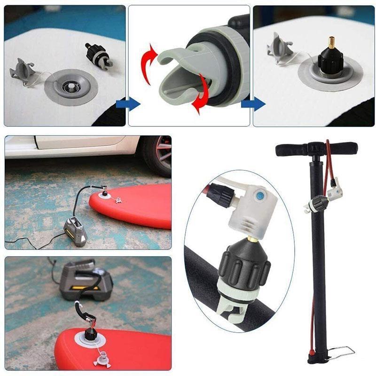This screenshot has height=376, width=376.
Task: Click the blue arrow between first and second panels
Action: click(x=131, y=104)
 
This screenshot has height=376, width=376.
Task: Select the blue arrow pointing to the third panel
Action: click(x=253, y=104)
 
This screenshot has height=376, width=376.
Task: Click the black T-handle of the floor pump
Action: click(x=316, y=149)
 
